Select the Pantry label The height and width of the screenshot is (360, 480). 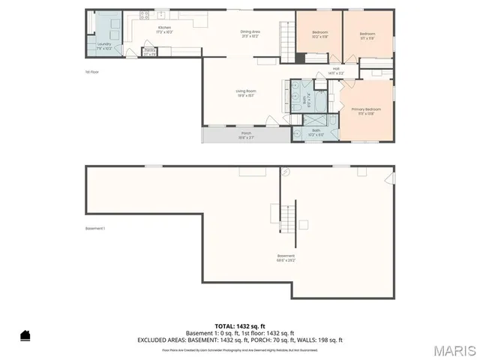pos(150,52)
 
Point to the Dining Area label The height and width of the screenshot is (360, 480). pos(250,33)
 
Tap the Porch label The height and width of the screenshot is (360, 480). pos(246,136)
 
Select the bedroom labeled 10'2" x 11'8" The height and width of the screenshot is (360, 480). pos(321,35)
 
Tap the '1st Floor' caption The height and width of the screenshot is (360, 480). pos(92,72)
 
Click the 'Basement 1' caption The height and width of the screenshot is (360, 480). pos(94,229)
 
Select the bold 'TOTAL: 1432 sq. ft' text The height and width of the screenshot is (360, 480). pos(239,326)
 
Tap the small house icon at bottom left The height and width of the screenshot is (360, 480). pos(25,335)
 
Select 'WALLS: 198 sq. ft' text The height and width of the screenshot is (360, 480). pos(319,340)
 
